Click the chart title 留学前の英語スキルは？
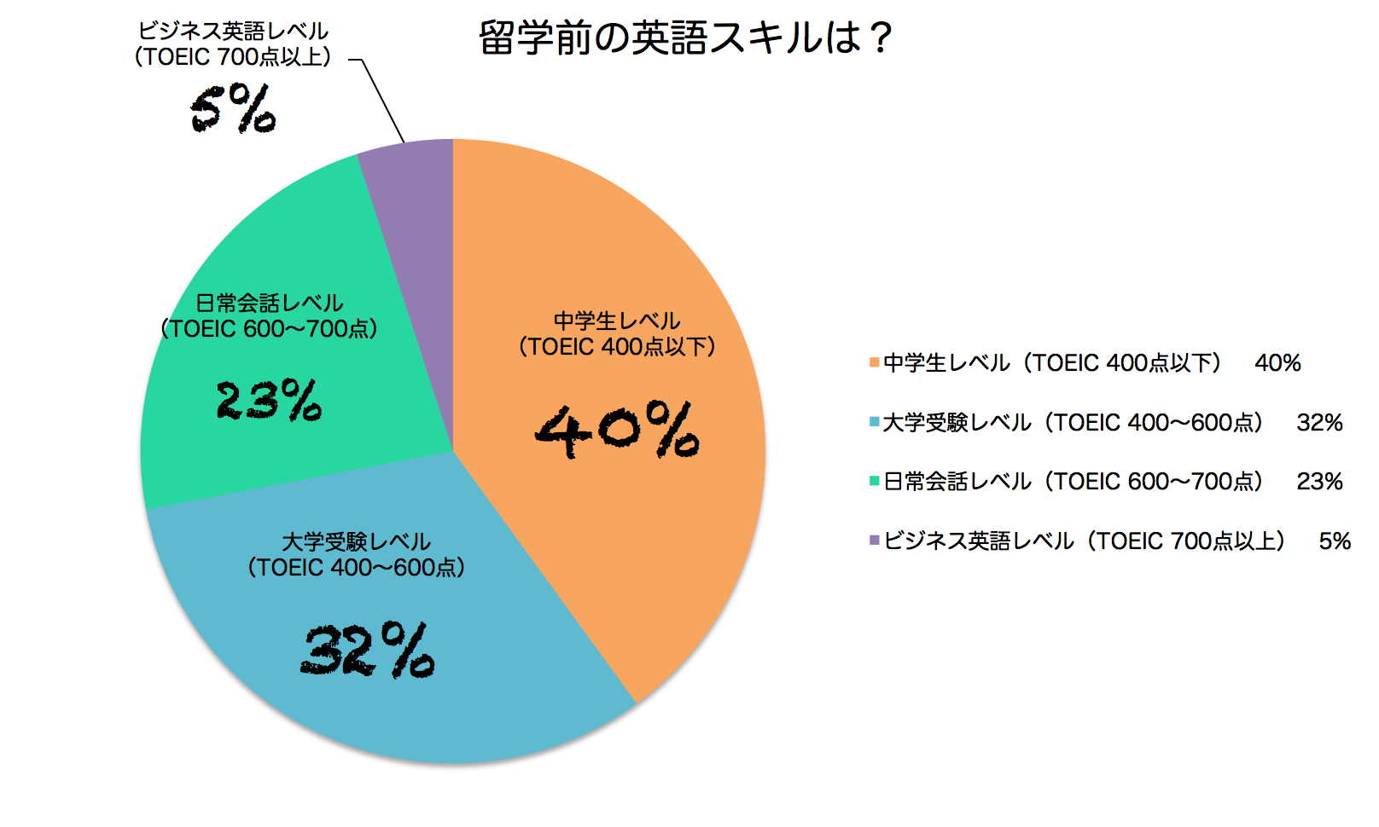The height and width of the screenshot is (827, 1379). coord(686,38)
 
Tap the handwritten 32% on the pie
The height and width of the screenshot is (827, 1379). coord(367,651)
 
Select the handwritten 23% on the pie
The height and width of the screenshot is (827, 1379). coord(269,400)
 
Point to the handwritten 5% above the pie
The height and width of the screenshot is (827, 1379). coord(232,108)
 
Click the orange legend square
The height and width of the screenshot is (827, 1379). coord(874,363)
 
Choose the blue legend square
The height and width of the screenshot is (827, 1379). coord(874,422)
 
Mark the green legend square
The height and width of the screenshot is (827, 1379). coord(874,481)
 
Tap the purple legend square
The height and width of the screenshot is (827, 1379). coord(874,541)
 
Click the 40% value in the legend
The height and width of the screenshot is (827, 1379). coord(1277,363)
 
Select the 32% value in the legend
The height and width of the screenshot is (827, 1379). coord(1319,422)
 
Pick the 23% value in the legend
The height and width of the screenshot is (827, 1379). coord(1319,481)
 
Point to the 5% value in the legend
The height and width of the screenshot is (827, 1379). coord(1335,541)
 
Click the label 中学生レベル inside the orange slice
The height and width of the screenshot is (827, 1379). coord(617,321)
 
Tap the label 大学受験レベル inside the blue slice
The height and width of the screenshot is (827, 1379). coord(356,541)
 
